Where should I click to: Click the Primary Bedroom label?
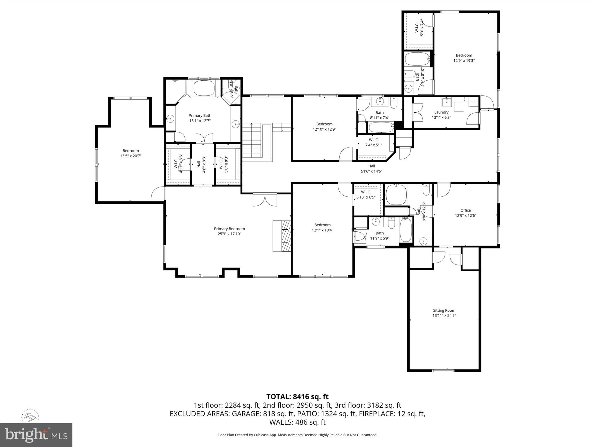point(229,229)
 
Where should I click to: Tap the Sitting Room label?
point(444,310)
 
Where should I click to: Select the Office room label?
point(465,210)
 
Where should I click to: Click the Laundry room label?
point(441,112)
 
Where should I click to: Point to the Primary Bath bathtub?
point(204,88)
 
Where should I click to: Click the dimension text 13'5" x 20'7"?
point(131,156)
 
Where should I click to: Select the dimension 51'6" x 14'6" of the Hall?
point(371,171)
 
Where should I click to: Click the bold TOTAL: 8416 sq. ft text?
point(297,397)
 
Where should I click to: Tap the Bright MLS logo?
point(36,435)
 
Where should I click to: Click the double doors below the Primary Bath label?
point(204,138)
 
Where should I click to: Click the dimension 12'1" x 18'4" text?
point(322,230)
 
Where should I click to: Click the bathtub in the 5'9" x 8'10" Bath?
point(417,59)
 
